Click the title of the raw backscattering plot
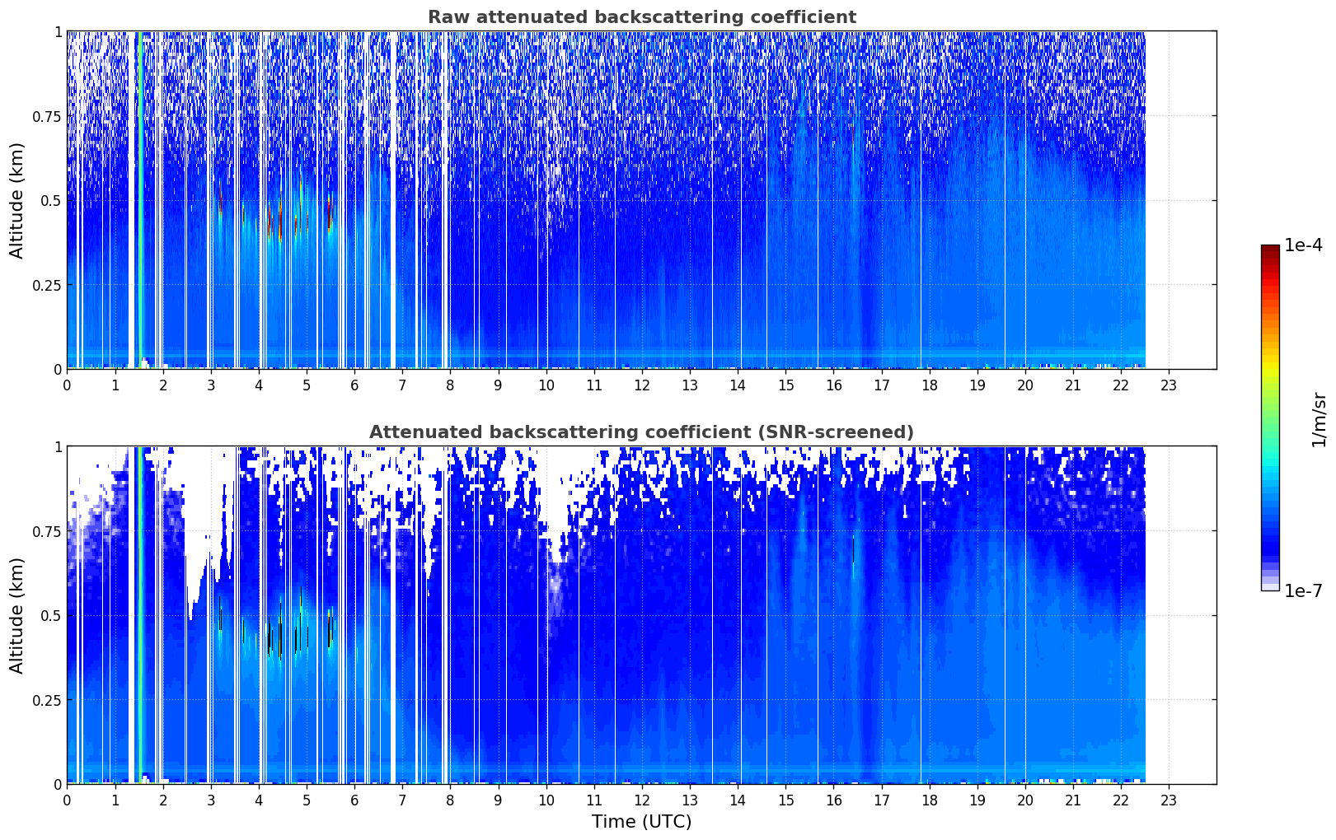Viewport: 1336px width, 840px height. tap(642, 16)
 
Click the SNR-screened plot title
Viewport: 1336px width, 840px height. tap(642, 432)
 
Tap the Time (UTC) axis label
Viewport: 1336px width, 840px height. tap(642, 822)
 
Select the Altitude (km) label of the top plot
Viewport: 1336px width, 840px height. tap(16, 201)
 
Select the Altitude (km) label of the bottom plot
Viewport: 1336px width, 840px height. tap(16, 616)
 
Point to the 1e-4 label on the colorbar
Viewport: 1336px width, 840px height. tap(1303, 245)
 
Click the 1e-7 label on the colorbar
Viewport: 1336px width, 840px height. tap(1303, 591)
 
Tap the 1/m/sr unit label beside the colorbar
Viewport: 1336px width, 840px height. tap(1319, 419)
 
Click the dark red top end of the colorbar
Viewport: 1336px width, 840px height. tap(1270, 248)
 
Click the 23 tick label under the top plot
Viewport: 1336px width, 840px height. tap(1169, 385)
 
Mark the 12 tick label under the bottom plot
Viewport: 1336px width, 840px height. tap(642, 800)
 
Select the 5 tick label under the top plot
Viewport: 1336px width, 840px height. tap(307, 385)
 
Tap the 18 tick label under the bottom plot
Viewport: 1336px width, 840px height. tap(929, 800)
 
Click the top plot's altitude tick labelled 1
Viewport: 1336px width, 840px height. tap(58, 31)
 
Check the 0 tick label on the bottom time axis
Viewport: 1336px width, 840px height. tap(67, 800)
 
